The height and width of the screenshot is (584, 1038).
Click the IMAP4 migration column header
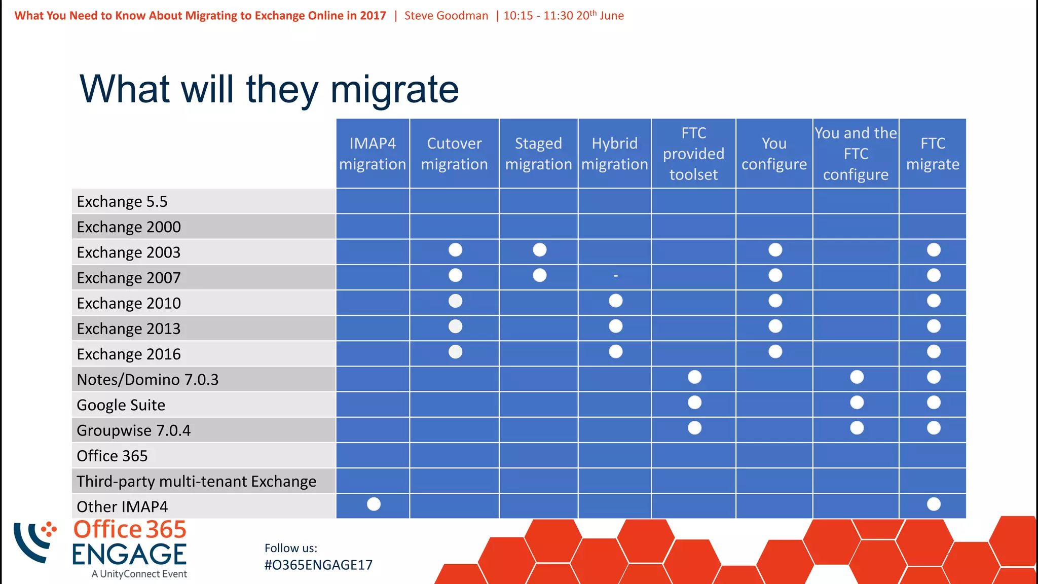373,154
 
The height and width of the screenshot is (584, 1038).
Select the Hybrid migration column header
614,154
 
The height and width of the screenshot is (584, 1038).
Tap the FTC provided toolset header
693,154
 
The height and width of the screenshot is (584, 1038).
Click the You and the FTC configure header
856,154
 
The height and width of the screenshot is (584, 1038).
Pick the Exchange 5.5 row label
122,201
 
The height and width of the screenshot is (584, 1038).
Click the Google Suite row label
121,405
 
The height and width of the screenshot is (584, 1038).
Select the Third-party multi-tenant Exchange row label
197,481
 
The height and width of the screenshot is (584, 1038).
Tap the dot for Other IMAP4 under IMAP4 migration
374,504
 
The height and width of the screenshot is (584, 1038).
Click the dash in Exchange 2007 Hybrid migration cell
615,276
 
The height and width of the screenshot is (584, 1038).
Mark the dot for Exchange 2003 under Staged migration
540,250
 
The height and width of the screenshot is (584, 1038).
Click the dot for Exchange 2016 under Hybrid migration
615,351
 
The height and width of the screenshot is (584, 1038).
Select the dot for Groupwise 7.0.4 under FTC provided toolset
694,428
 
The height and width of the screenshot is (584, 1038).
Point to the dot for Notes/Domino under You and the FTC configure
857,377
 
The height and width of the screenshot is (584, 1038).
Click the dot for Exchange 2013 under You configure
775,326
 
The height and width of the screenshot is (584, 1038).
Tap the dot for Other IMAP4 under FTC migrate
934,504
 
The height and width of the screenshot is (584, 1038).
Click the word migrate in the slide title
394,89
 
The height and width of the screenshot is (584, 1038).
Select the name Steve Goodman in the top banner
446,16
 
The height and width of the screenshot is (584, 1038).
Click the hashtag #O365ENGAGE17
318,565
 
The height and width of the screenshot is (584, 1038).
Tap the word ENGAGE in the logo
129,554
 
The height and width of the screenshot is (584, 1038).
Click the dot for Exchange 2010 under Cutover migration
455,301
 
